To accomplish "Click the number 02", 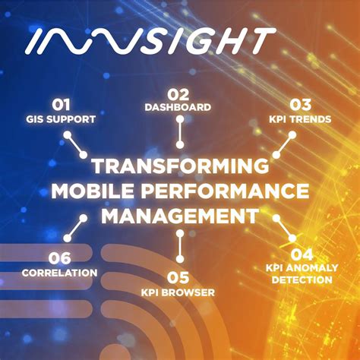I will click(x=178, y=94).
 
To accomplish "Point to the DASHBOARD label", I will click(x=178, y=108).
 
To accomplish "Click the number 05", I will click(x=178, y=277).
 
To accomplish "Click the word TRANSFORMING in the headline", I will click(x=180, y=166).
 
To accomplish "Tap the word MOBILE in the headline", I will click(x=94, y=191).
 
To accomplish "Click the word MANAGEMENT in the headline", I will click(x=179, y=215).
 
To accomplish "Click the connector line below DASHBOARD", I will click(x=180, y=132).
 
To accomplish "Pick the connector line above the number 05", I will click(x=180, y=245).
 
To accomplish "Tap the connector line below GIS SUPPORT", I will click(x=75, y=144).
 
